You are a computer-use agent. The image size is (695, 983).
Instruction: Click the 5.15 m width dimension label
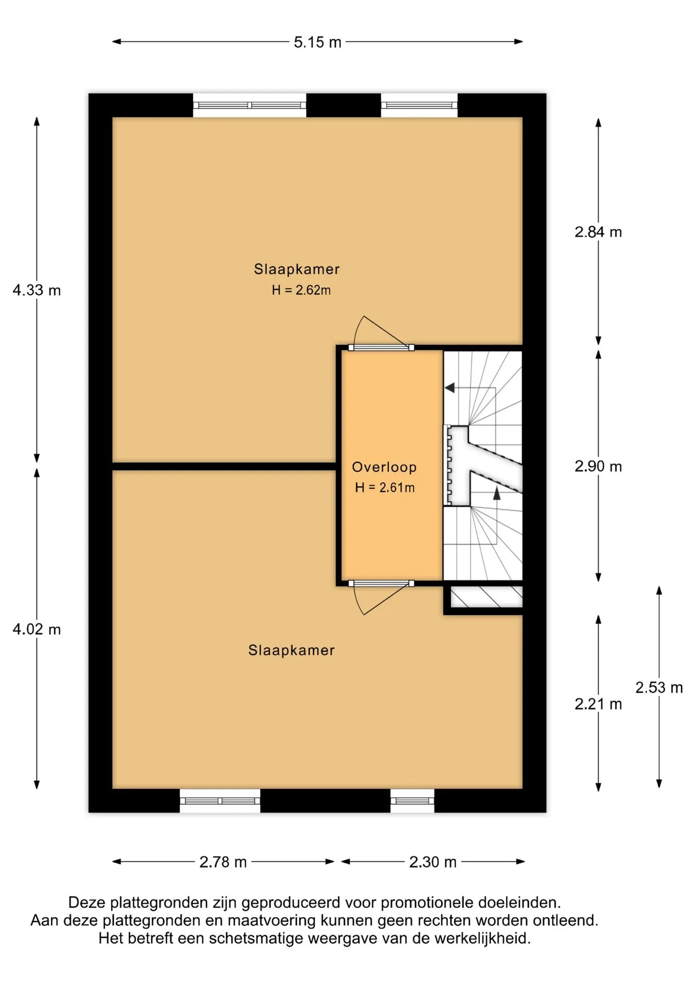(317, 42)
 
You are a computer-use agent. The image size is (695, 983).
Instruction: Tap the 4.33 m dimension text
(37, 290)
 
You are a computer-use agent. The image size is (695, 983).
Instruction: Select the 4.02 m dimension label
(37, 629)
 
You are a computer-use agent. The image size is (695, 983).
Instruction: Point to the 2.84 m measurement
(598, 232)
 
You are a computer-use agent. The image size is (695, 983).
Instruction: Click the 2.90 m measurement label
(598, 466)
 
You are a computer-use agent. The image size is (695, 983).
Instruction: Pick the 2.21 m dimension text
(598, 704)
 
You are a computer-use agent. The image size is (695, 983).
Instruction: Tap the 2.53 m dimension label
(659, 688)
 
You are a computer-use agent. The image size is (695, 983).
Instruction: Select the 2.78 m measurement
(223, 862)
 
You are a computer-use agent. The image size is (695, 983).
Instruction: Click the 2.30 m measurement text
(433, 862)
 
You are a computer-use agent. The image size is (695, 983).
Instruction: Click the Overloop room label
(384, 467)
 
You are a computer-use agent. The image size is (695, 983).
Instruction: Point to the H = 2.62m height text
(301, 290)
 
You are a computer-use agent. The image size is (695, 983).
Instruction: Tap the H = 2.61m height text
(385, 487)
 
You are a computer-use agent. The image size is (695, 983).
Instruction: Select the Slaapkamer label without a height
(291, 650)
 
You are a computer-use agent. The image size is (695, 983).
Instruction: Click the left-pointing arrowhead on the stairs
(450, 388)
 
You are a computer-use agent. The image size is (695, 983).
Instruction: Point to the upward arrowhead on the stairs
(496, 493)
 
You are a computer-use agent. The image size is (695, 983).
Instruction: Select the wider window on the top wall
(249, 105)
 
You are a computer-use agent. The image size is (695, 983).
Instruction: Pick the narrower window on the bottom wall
(412, 801)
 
